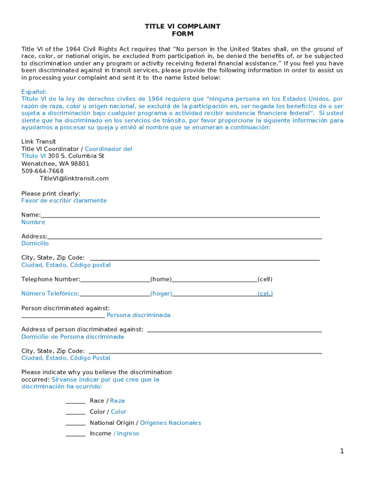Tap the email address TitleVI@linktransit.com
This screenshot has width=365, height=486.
(x=74, y=178)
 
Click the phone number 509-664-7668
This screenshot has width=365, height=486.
(x=42, y=171)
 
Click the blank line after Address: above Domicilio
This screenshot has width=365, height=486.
(x=184, y=237)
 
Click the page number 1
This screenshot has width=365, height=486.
(x=341, y=451)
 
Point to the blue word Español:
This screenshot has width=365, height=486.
(x=34, y=92)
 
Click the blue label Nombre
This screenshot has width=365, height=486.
(x=33, y=222)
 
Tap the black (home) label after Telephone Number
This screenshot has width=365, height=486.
(x=161, y=280)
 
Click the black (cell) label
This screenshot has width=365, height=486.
(x=265, y=280)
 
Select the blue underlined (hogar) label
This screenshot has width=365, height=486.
(x=161, y=294)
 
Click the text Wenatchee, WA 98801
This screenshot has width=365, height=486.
(x=55, y=164)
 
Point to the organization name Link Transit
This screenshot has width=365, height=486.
(x=38, y=141)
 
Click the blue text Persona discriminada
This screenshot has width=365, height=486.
(x=138, y=315)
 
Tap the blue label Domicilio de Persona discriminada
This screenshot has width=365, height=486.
(x=73, y=337)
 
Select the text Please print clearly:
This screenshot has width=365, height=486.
(x=51, y=193)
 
